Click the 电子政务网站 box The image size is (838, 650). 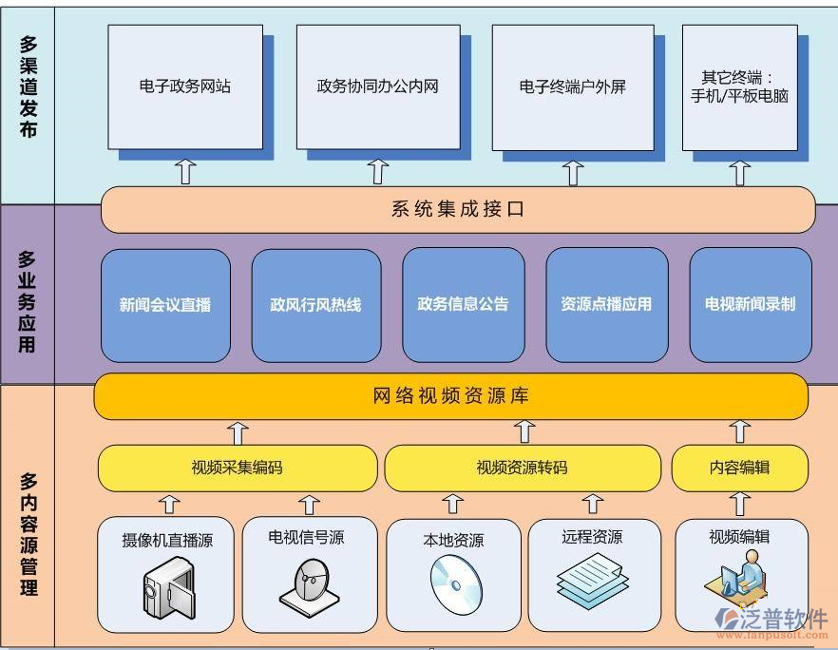point(184,86)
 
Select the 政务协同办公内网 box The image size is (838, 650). point(377,86)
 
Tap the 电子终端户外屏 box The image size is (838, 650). point(572,86)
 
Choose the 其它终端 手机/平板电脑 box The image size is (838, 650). point(739,86)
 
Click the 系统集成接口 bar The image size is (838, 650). point(457,209)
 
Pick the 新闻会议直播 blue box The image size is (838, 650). point(165,305)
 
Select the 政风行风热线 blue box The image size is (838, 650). point(315,305)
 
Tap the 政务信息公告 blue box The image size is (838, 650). point(463,305)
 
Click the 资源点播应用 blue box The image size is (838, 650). point(606,305)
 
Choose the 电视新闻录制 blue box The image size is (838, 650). point(750,305)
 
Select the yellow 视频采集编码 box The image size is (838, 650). point(237,468)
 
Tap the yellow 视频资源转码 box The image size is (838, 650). point(522,468)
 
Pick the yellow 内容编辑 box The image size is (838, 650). point(739,468)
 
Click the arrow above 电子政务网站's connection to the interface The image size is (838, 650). point(184,172)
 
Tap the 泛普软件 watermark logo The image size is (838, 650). point(771,620)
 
